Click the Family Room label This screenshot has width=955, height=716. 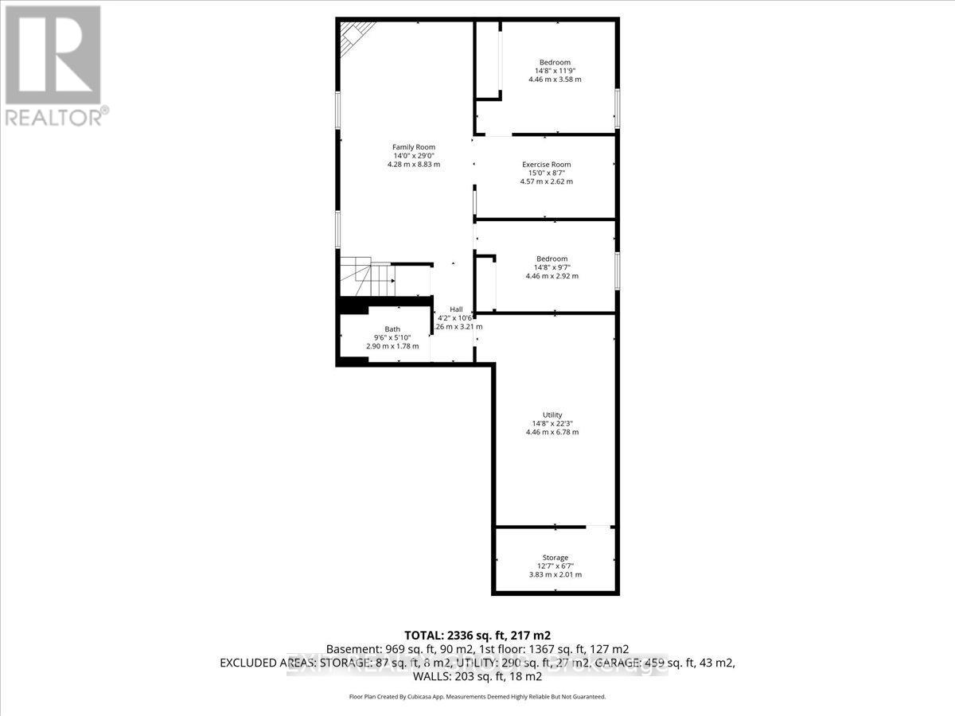(x=413, y=147)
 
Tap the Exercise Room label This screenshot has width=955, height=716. (x=546, y=165)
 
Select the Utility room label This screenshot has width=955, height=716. (x=552, y=414)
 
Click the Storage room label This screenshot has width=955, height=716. (x=555, y=558)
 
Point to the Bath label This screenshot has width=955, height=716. (x=392, y=329)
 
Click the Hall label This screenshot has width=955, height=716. (x=456, y=309)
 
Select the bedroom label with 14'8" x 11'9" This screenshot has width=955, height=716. (x=555, y=62)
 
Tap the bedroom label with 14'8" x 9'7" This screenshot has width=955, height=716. (x=552, y=259)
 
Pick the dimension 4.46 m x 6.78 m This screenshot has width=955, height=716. (x=552, y=433)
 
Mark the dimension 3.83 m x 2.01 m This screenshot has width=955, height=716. (x=555, y=574)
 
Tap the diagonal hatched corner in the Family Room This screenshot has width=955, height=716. (x=355, y=36)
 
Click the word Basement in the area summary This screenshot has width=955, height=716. (x=351, y=649)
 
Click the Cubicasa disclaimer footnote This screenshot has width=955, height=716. (x=477, y=696)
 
